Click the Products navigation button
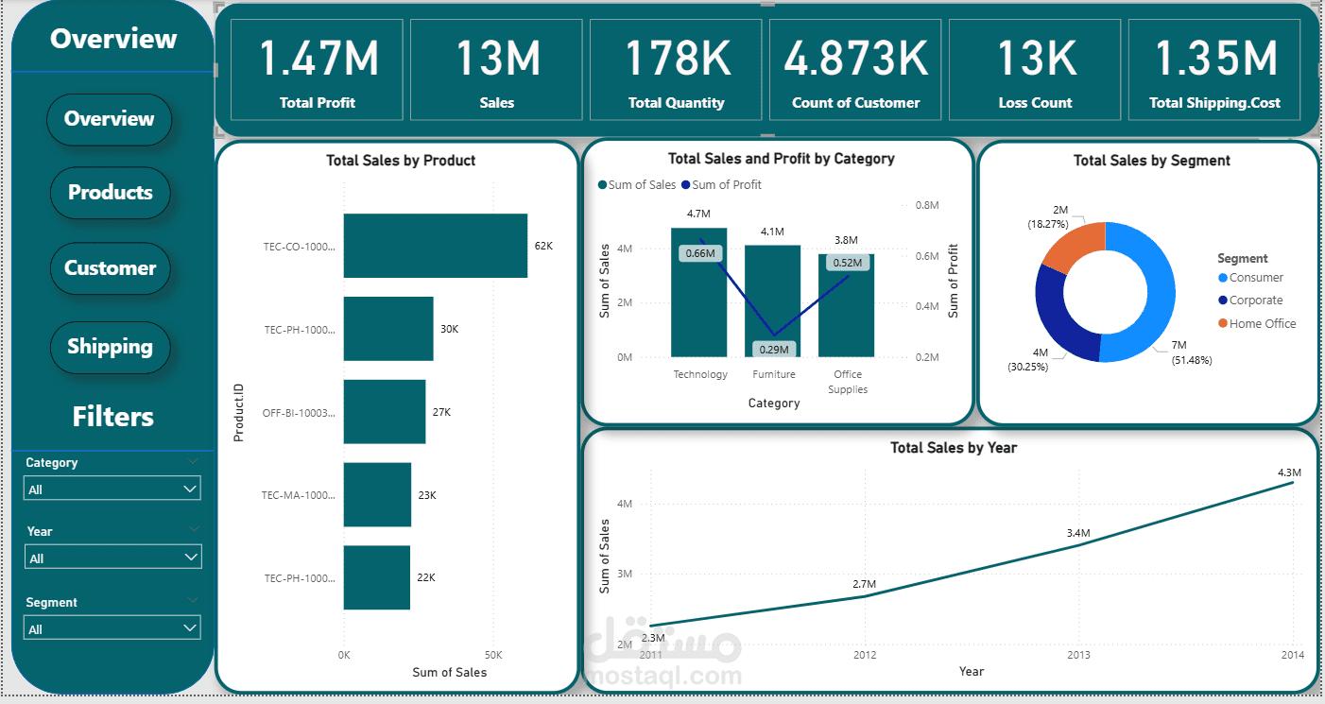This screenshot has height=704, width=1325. pyautogui.click(x=110, y=193)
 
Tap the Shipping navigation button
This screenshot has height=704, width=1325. pyautogui.click(x=110, y=347)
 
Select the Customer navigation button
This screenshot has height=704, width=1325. pyautogui.click(x=110, y=268)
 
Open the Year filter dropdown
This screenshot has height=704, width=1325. pyautogui.click(x=112, y=558)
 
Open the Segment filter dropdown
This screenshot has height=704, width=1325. pyautogui.click(x=112, y=628)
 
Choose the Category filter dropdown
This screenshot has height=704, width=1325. pyautogui.click(x=112, y=489)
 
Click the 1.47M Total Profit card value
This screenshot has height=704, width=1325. pyautogui.click(x=318, y=59)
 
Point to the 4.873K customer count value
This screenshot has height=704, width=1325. pyautogui.click(x=855, y=59)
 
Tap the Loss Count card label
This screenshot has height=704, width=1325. pyautogui.click(x=1035, y=103)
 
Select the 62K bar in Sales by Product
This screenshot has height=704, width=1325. pyautogui.click(x=435, y=246)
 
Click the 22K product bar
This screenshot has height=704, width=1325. pyautogui.click(x=376, y=577)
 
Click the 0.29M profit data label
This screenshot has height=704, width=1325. pyautogui.click(x=774, y=350)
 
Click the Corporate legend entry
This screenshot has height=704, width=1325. pyautogui.click(x=1255, y=300)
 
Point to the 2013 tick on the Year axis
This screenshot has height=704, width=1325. pyautogui.click(x=1078, y=654)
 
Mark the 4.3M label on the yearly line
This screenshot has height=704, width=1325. pyautogui.click(x=1289, y=472)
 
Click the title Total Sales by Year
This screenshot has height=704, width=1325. pyautogui.click(x=953, y=448)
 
